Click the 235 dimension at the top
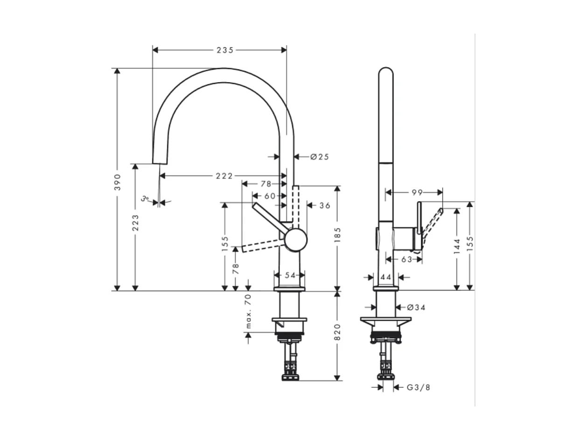click(224, 50)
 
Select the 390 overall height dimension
click(118, 182)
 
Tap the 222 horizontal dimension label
click(224, 176)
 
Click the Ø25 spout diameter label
click(320, 157)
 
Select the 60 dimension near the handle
click(270, 196)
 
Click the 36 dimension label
click(324, 205)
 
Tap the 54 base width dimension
click(290, 275)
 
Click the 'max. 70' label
click(248, 311)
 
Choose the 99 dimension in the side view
click(417, 192)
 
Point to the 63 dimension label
click(406, 259)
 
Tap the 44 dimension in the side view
click(385, 277)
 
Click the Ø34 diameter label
click(416, 307)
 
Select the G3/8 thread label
click(418, 387)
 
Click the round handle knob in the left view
click(296, 240)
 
